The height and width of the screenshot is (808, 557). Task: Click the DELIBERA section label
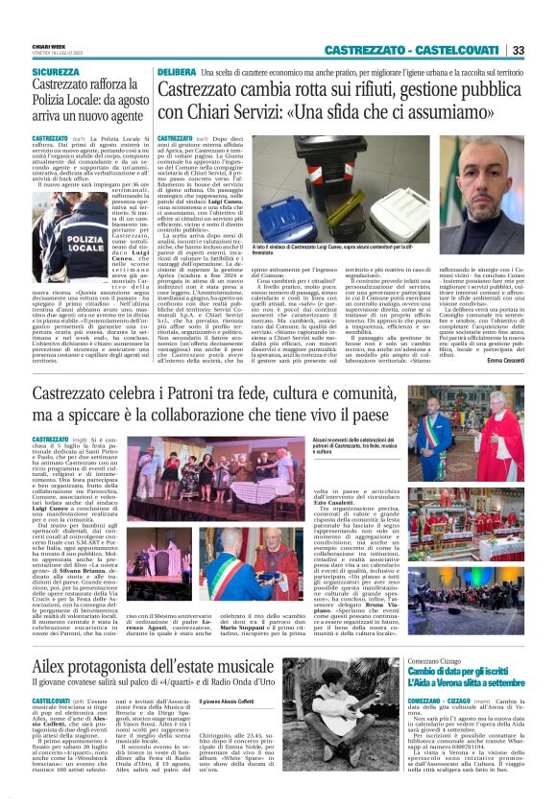point(177,72)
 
